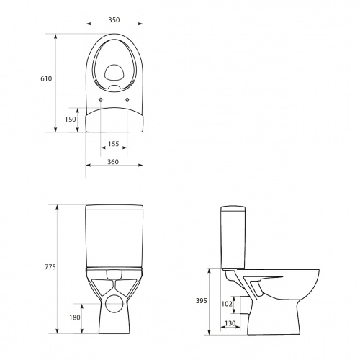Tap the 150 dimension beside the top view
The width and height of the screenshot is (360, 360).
pos(69,119)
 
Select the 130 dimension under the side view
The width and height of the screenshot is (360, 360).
pos(230,324)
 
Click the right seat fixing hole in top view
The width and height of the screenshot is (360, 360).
pos(128,99)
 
